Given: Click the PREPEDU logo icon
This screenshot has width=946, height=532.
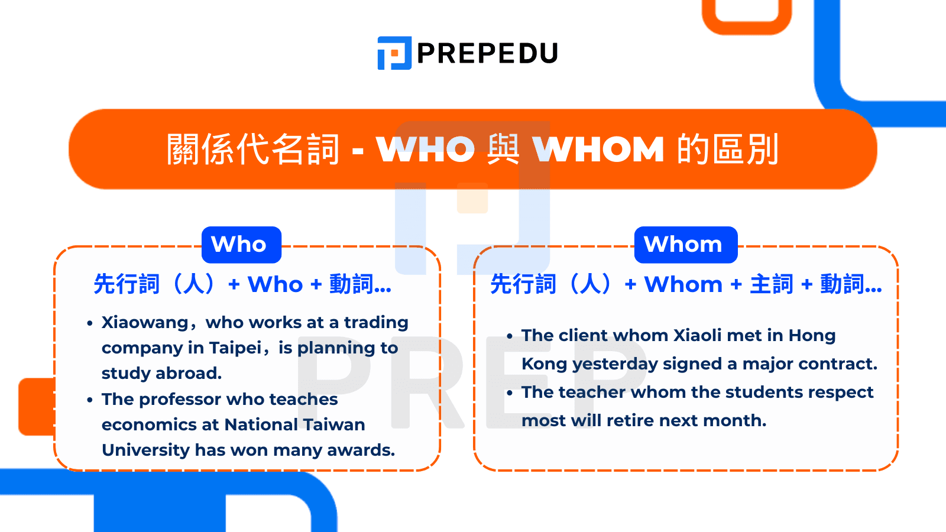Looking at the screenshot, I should click(394, 53).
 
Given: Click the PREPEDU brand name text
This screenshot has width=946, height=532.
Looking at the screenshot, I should click(487, 54).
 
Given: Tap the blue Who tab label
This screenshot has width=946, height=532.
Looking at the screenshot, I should click(239, 244).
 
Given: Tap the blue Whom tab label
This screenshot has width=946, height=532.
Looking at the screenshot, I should click(683, 244).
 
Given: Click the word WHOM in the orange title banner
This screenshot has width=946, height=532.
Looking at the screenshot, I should click(598, 150).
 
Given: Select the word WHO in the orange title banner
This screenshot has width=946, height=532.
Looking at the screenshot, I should click(426, 150).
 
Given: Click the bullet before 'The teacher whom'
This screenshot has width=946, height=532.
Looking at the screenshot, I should click(510, 393).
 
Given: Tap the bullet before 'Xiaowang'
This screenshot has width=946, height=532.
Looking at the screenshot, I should click(90, 323).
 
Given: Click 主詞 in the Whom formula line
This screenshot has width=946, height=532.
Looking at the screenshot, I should click(772, 285).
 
